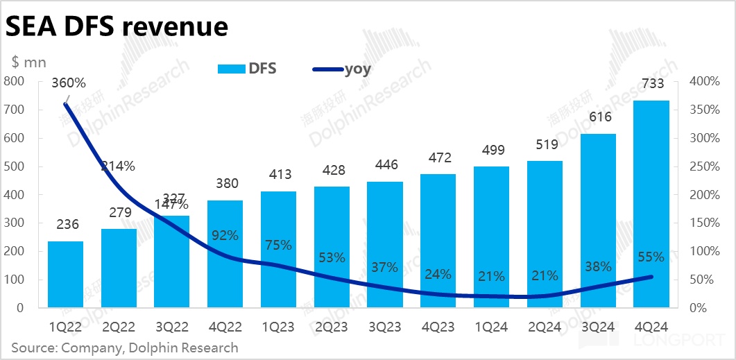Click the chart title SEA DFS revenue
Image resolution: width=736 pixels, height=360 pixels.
tap(117, 26)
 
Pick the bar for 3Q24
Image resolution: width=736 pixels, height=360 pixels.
tap(598, 222)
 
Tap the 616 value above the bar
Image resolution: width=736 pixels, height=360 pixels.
tap(598, 117)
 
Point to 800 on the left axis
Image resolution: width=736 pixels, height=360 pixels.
tap(14, 82)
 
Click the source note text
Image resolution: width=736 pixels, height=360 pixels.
tap(125, 348)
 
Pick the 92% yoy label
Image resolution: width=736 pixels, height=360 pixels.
tap(225, 236)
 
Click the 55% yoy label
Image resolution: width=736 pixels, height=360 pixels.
tap(651, 257)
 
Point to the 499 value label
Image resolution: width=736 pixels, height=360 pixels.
tap(492, 151)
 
